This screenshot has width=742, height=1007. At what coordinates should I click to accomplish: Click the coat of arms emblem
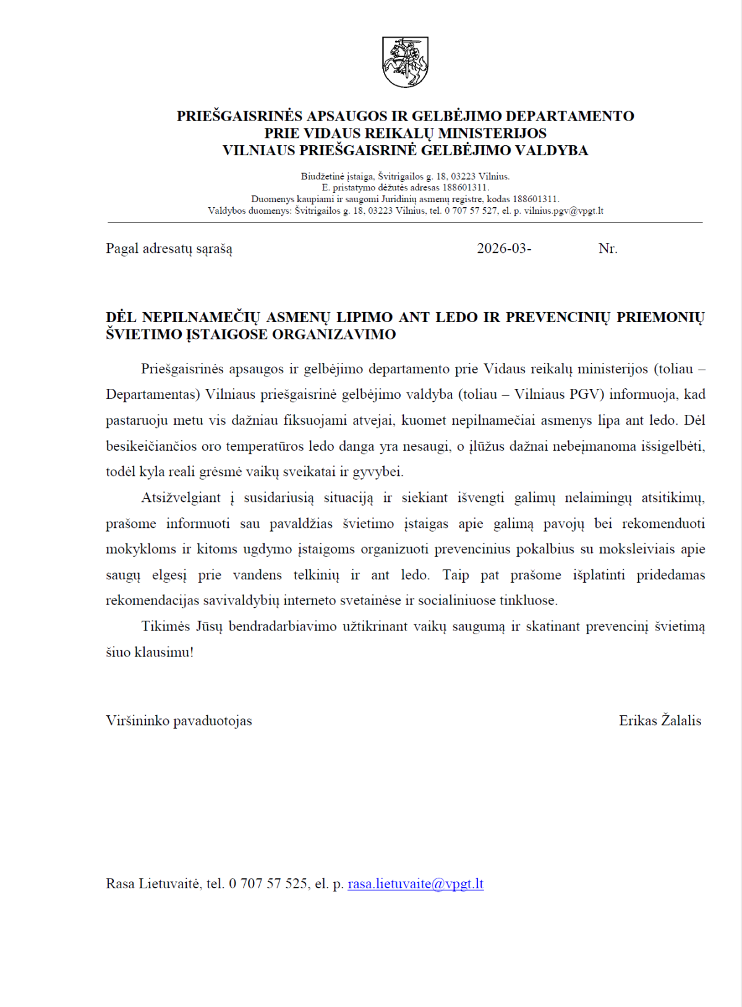tap(405, 62)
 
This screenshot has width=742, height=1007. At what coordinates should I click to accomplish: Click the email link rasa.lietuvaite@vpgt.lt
tap(416, 884)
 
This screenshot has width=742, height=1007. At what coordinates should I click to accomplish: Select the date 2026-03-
tap(504, 249)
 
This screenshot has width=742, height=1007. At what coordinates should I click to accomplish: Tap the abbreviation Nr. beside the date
tap(608, 249)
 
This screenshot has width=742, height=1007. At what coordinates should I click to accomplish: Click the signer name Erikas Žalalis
tap(660, 721)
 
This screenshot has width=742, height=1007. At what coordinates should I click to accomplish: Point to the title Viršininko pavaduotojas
tap(179, 721)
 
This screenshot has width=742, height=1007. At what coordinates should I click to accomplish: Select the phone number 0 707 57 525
tap(268, 884)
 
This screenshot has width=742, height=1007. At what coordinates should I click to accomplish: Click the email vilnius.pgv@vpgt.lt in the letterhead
tap(564, 211)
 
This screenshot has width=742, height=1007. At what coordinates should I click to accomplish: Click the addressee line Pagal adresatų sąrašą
tap(169, 249)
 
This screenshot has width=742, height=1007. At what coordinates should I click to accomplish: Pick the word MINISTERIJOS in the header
tap(492, 134)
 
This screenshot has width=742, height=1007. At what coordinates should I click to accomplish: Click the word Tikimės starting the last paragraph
tap(164, 627)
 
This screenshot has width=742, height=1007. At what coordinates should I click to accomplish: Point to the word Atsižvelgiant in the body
tap(181, 498)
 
